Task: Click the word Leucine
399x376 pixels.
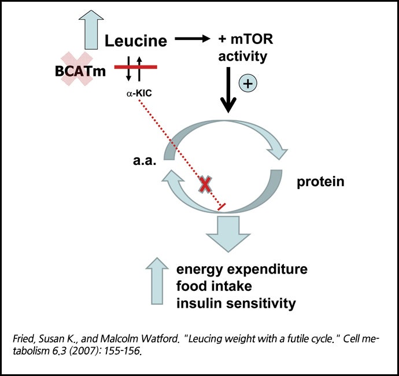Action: (x=136, y=41)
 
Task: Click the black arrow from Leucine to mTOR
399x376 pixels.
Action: (x=194, y=39)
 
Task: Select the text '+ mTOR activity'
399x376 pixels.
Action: (x=243, y=49)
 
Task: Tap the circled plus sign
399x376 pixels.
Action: (x=247, y=83)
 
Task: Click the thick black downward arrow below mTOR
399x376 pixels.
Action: (x=230, y=90)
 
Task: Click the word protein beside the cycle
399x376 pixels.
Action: (x=321, y=182)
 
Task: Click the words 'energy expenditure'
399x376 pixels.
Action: (x=242, y=270)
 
